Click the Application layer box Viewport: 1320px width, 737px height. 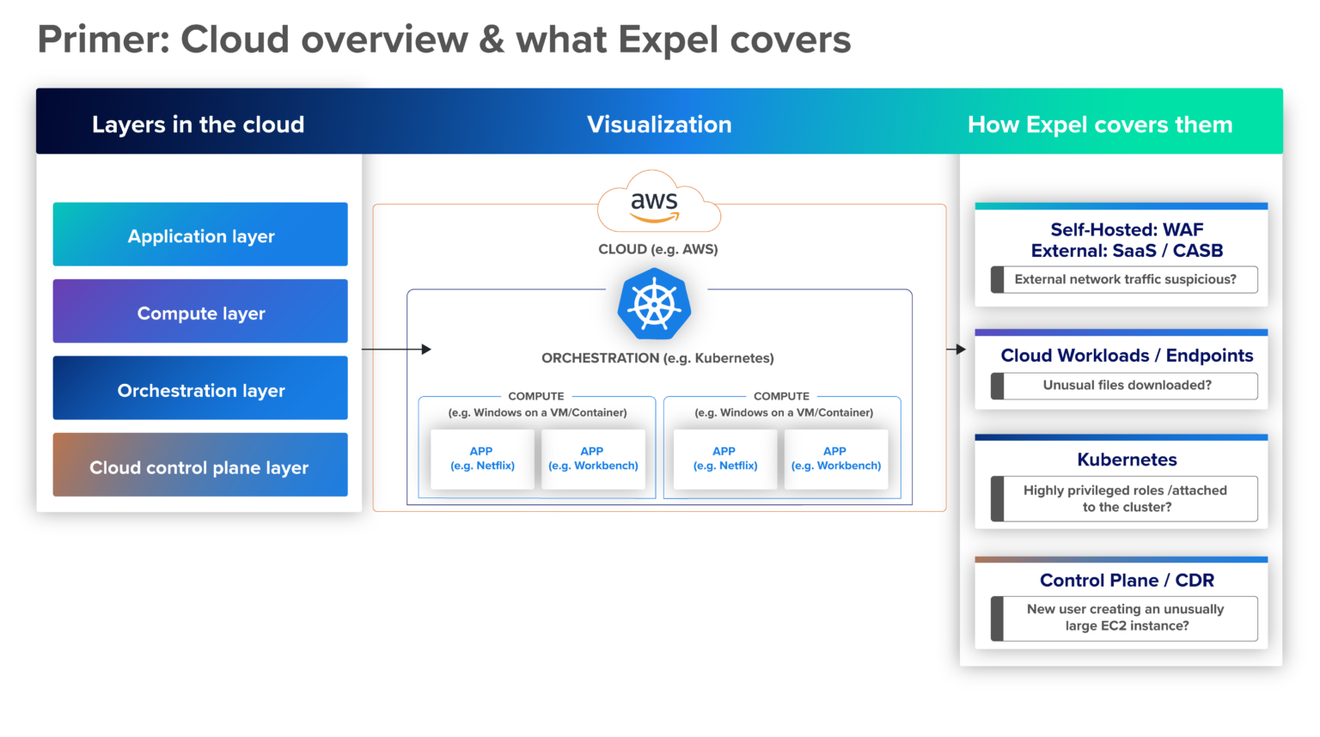click(x=200, y=234)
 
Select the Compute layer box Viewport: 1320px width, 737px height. click(x=200, y=312)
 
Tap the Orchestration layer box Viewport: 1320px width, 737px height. click(x=200, y=388)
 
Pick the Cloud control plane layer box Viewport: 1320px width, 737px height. click(x=200, y=466)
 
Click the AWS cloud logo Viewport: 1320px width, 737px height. click(x=657, y=204)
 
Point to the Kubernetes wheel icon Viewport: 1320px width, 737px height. click(x=655, y=305)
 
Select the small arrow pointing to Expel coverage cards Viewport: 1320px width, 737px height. click(x=956, y=350)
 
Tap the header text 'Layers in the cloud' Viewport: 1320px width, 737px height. click(x=198, y=125)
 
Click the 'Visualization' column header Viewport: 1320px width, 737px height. click(x=659, y=125)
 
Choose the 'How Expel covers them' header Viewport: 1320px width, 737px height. click(x=1100, y=125)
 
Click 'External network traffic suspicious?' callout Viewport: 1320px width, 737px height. click(x=1124, y=279)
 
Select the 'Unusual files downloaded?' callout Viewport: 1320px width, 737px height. click(x=1126, y=386)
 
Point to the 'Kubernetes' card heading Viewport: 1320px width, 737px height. click(x=1127, y=460)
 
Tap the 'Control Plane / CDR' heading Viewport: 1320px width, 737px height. click(x=1127, y=581)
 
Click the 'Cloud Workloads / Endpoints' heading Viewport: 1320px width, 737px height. click(x=1127, y=356)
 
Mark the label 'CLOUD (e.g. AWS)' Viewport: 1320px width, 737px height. click(x=658, y=249)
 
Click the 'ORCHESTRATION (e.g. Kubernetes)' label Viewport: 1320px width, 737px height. click(x=657, y=358)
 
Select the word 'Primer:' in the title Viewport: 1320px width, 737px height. click(x=103, y=40)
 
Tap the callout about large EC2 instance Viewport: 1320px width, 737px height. click(x=1125, y=618)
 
